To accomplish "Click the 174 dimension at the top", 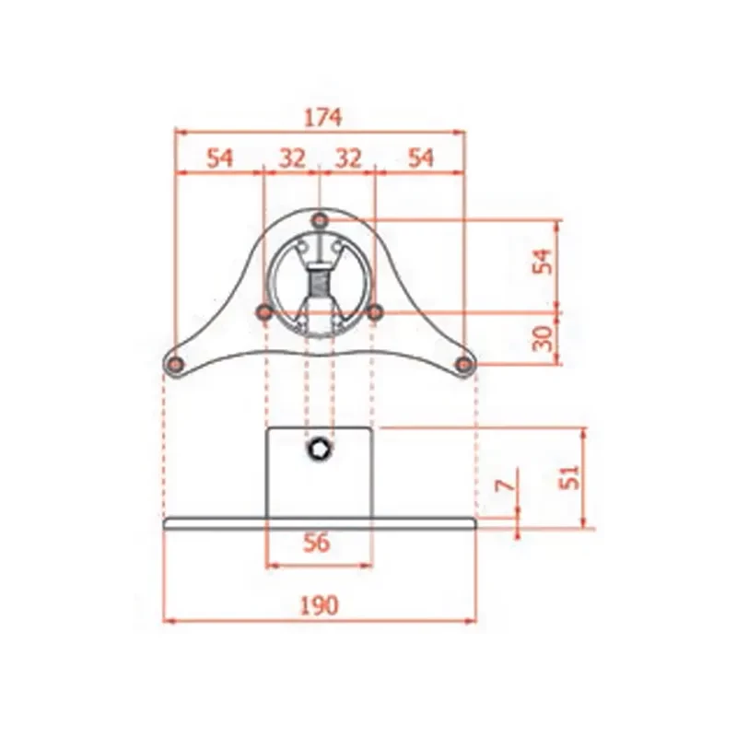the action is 322,118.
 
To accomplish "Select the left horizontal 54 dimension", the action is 219,158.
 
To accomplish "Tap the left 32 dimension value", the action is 292,158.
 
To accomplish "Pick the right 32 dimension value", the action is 348,158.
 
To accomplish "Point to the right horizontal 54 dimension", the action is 421,158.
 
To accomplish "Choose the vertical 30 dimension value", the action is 543,338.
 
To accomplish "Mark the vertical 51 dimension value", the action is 570,477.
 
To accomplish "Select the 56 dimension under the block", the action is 317,544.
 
